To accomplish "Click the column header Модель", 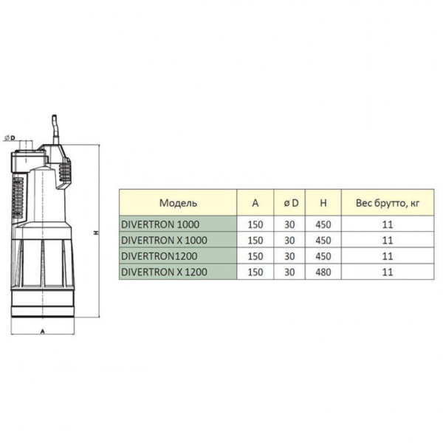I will click(x=177, y=202).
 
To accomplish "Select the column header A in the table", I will click(x=255, y=202).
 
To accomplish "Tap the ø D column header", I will click(x=290, y=202).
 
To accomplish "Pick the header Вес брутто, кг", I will click(x=388, y=202).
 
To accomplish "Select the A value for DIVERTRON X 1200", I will click(x=255, y=272).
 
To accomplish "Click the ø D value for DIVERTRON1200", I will click(x=290, y=256).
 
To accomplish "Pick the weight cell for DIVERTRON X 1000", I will click(x=388, y=240).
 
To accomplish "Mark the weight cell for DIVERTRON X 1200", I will click(x=388, y=272).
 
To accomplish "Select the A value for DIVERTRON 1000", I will click(x=255, y=224).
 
